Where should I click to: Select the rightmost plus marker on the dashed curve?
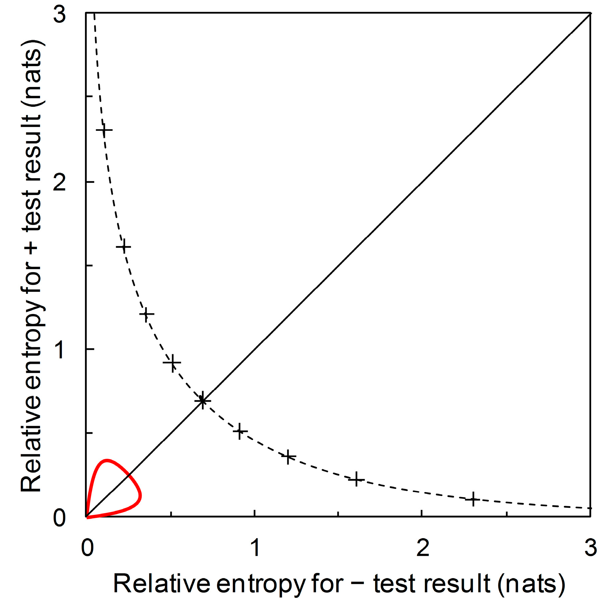(473, 499)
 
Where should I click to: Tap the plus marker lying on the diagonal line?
(202, 400)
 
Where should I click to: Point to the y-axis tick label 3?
(60, 15)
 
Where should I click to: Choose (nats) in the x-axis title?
(531, 584)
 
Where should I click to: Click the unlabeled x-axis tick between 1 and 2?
(338, 514)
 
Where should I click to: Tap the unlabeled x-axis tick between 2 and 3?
(506, 514)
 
